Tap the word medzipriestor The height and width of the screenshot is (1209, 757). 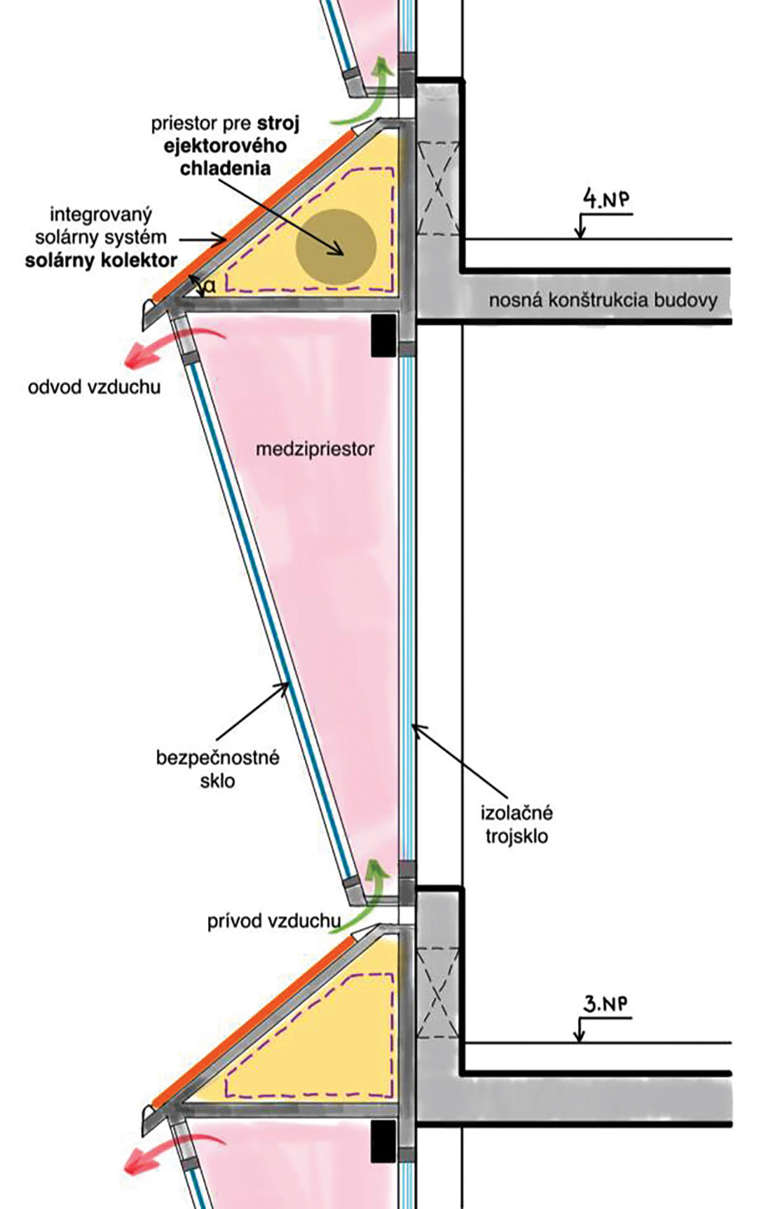point(315,449)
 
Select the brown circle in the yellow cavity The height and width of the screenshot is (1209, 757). point(336,247)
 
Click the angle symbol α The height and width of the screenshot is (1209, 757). point(210,285)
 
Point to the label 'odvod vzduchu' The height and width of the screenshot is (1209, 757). point(94,386)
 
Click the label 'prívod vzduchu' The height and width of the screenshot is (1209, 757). point(274,921)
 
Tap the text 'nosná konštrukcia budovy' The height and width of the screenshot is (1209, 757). point(603,301)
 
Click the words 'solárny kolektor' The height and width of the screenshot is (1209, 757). point(102,260)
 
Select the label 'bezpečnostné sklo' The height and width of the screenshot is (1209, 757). point(217,769)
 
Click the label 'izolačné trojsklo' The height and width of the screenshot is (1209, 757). point(517,824)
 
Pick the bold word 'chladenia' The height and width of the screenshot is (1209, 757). point(225,168)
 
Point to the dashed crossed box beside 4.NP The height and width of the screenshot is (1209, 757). point(438,188)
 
